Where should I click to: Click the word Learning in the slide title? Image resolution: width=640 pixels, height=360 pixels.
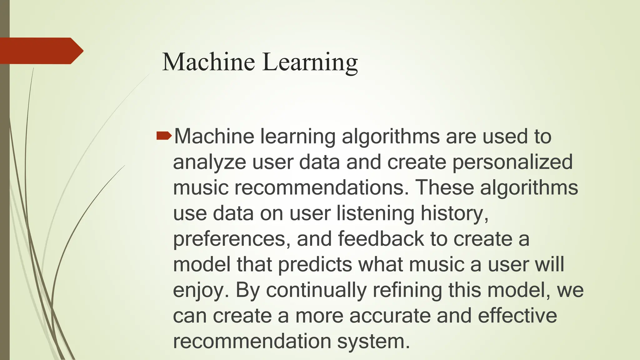[x=310, y=62]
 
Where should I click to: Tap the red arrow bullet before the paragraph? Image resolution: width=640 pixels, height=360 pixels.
[x=164, y=135]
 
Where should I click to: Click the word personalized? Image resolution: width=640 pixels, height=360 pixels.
[x=512, y=162]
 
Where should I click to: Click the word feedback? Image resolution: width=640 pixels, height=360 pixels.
[x=381, y=239]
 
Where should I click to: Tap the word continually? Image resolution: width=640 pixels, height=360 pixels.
[x=316, y=290]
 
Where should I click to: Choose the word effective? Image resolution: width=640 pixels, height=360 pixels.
[x=517, y=316]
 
